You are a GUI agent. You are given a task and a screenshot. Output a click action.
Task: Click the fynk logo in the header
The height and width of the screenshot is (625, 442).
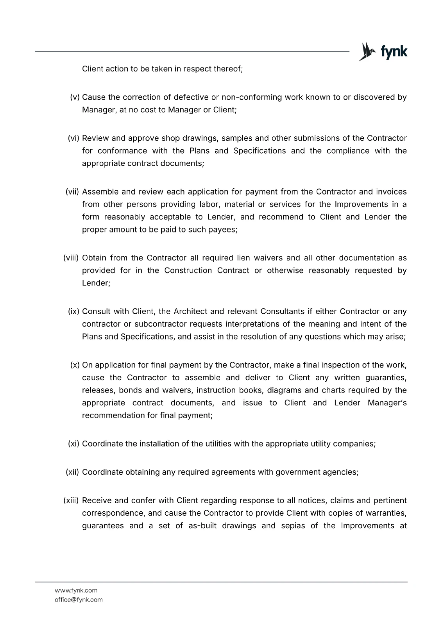point(383,52)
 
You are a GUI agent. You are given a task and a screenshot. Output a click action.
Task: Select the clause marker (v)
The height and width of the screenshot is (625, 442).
point(75,97)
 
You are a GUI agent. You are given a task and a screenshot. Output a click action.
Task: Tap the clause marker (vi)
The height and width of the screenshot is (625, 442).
point(74,138)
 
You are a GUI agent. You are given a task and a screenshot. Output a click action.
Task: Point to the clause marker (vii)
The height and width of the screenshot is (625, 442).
point(72,192)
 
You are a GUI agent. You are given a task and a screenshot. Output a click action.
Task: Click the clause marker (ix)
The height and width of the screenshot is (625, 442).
point(74,311)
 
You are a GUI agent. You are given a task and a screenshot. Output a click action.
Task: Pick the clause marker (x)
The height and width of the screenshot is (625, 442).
point(75,365)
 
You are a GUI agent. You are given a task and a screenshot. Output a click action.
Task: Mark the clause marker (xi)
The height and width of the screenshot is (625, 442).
point(74,444)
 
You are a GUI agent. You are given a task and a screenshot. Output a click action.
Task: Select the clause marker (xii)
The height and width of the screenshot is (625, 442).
point(72,472)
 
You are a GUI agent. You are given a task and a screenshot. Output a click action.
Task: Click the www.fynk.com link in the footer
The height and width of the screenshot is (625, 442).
point(76,590)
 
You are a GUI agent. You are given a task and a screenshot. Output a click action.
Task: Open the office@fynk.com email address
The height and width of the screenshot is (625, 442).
point(79,600)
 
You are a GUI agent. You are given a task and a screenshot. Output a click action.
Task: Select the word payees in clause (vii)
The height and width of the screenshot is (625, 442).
point(224,229)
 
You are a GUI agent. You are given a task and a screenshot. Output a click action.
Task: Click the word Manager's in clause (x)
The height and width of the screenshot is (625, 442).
point(387,403)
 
